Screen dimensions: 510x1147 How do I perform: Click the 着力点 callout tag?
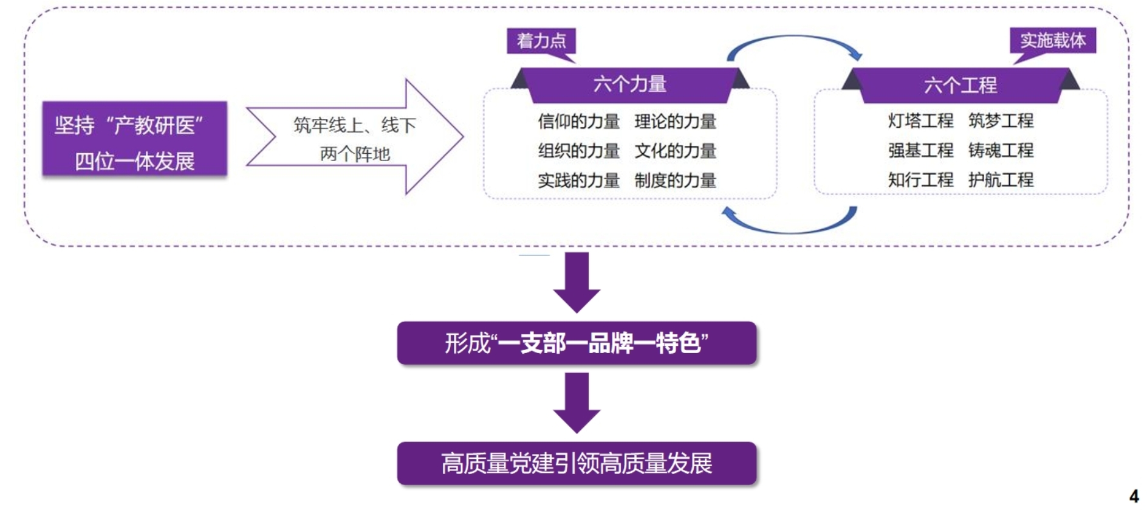541,41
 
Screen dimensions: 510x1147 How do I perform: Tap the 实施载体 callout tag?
1053,41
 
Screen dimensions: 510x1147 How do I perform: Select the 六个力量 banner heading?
629,84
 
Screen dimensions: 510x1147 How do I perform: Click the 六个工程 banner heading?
960,85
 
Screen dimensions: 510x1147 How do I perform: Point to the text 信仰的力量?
578,122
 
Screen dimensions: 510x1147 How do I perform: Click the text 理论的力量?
676,122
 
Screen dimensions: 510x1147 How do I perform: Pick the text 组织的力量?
578,151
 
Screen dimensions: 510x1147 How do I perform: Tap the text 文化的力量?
676,151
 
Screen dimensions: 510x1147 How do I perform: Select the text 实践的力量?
578,181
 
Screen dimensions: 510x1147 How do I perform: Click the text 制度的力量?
676,181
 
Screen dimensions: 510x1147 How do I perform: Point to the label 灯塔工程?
920,121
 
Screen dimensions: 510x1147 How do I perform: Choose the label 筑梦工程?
1001,121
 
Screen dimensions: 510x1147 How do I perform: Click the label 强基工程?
920,150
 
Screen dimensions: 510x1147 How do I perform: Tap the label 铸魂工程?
1001,150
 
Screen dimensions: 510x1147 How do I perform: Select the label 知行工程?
920,180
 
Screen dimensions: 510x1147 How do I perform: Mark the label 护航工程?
1001,180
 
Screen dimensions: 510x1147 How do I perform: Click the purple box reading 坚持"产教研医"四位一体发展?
135,139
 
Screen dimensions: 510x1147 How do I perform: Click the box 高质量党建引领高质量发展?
577,463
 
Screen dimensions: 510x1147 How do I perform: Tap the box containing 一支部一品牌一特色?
577,343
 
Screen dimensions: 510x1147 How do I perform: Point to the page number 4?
1134,496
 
